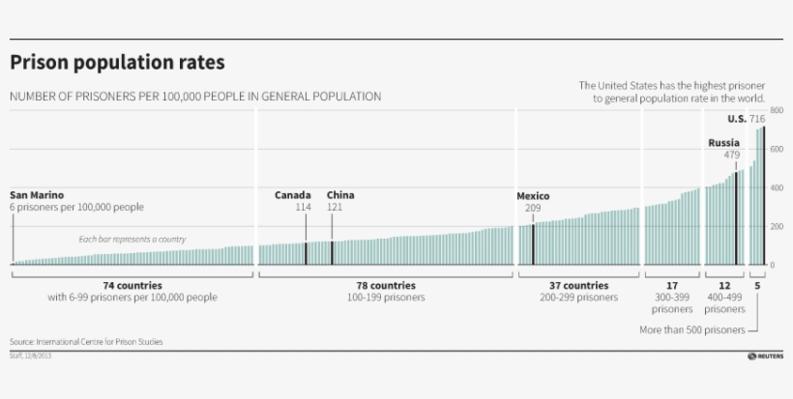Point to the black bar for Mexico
533,244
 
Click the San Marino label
37,195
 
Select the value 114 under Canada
304,208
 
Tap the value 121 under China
335,208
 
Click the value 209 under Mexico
533,209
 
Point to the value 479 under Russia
731,155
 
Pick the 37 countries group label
578,286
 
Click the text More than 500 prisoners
691,330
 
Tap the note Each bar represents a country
132,239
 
